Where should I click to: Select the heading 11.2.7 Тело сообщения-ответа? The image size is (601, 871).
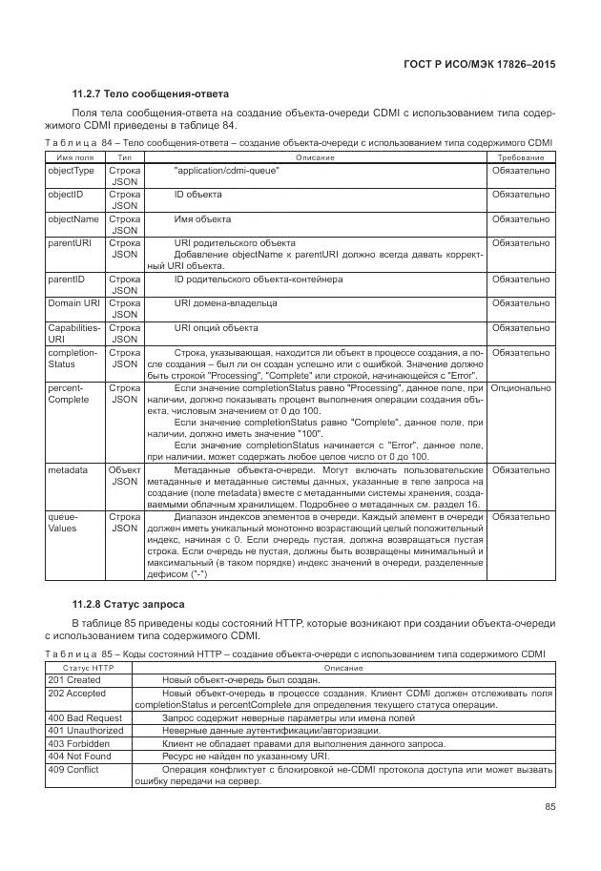150,93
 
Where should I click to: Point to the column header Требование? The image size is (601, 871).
521,156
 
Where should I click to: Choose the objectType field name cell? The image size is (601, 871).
72,171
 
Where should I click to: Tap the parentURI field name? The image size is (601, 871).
70,243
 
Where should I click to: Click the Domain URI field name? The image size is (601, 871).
73,303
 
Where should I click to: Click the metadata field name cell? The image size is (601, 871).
68,470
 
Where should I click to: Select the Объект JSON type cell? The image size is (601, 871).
124,476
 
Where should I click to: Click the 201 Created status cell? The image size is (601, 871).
74,680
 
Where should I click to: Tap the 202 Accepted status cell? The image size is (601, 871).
76,693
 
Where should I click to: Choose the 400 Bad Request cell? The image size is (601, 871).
84,717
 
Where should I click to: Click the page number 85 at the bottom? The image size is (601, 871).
549,807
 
